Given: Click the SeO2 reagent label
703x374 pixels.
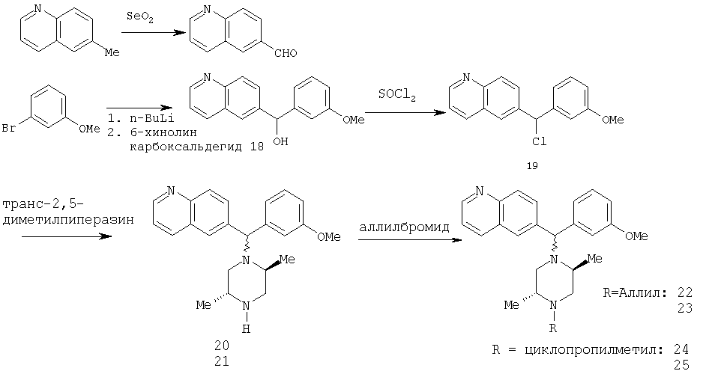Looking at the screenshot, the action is pos(140,18).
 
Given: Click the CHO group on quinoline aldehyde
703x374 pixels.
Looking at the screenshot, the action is pos(285,54).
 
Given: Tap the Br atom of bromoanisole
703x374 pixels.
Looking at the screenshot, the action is pos(9,129).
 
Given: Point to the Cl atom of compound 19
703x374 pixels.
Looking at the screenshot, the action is pos(540,142).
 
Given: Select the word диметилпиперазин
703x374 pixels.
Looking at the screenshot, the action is pos(68,221).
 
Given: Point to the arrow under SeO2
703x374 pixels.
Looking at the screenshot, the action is pos(154,32).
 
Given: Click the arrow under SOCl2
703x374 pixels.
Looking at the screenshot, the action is pos(400,113).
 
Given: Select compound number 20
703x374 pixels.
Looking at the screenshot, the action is pos(222,346).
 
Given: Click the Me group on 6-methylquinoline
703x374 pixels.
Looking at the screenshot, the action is pos(112,53).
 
